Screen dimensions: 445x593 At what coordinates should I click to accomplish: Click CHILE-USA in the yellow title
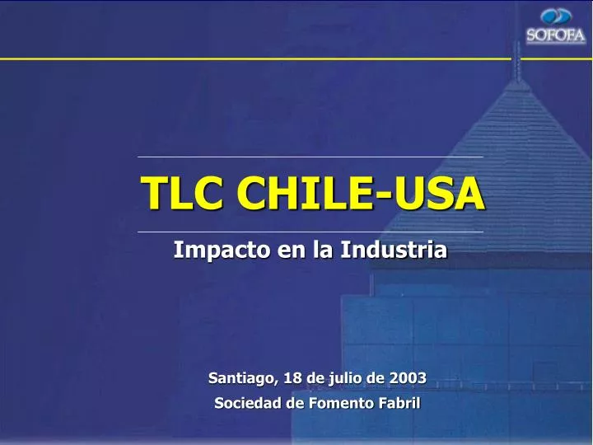[360, 194]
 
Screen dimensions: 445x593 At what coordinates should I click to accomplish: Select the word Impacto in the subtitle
[209, 249]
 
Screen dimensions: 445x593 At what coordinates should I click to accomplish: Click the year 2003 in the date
[409, 378]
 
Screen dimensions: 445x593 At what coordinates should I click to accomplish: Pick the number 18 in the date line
[292, 378]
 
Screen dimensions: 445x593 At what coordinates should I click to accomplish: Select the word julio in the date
[344, 379]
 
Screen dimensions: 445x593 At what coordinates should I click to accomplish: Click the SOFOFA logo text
[556, 35]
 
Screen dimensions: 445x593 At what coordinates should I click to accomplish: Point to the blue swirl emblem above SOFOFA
[556, 16]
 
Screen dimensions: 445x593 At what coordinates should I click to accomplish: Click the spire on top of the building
[517, 62]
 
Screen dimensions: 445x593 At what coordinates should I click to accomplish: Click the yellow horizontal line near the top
[247, 59]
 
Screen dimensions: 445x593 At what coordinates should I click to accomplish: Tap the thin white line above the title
[311, 157]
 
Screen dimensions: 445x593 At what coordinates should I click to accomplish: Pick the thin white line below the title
[311, 232]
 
